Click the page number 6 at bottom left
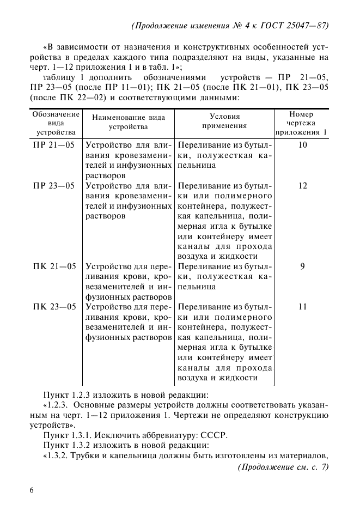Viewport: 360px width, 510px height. (32, 490)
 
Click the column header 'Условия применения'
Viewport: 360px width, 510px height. (224, 121)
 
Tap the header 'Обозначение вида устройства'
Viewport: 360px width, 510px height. (56, 123)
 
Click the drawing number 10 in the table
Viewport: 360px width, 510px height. (302, 145)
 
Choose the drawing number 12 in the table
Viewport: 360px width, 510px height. (302, 186)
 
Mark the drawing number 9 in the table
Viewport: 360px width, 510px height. (302, 266)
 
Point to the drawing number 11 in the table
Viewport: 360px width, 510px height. (302, 307)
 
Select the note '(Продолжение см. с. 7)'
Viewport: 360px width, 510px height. (284, 466)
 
